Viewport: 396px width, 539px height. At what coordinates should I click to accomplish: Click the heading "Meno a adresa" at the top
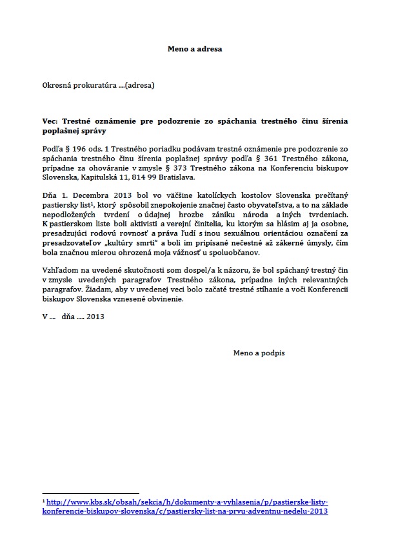pyautogui.click(x=197, y=48)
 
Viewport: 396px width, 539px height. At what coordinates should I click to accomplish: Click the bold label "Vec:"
pyautogui.click(x=50, y=121)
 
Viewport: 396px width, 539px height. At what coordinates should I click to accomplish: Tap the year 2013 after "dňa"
pyautogui.click(x=95, y=318)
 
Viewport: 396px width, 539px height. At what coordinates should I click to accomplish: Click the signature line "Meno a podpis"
pyautogui.click(x=259, y=353)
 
